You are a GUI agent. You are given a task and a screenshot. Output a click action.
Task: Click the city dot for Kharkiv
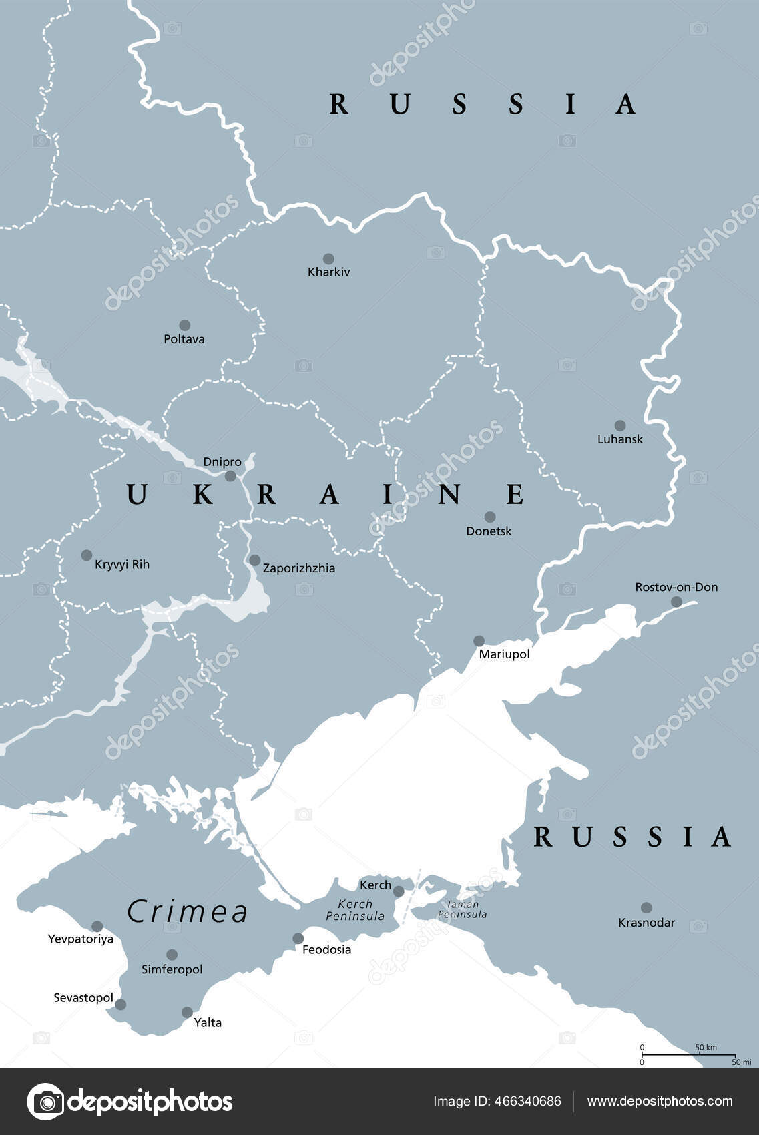click(328, 259)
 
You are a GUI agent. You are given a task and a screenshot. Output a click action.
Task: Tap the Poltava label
click(184, 339)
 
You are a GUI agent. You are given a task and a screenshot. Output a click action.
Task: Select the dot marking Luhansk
click(620, 425)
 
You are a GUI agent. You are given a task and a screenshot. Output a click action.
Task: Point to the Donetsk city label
click(489, 531)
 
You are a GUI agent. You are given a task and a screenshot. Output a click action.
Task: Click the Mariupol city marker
click(479, 641)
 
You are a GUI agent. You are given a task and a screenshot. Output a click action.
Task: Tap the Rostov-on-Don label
click(676, 587)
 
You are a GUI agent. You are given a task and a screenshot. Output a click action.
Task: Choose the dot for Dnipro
click(230, 476)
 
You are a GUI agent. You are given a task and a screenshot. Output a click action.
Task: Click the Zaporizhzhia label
click(299, 568)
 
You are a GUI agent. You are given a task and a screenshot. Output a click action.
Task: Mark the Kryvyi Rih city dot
click(87, 555)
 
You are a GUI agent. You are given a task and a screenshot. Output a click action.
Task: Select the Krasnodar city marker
click(646, 908)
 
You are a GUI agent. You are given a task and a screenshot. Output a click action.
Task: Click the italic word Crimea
click(188, 912)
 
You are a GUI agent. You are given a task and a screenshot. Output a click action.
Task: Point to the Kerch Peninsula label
click(355, 910)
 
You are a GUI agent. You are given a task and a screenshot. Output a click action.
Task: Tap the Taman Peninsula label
click(462, 909)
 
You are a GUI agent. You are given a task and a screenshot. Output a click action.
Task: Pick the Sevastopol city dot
click(121, 1005)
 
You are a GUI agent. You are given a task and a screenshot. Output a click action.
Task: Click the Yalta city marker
click(188, 1013)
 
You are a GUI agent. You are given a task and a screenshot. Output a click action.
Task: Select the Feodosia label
click(326, 949)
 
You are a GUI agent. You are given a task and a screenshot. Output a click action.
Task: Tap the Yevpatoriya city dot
click(97, 927)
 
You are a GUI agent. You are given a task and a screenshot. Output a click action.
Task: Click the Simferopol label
click(172, 969)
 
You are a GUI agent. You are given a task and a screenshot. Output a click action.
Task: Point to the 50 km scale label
click(706, 1047)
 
